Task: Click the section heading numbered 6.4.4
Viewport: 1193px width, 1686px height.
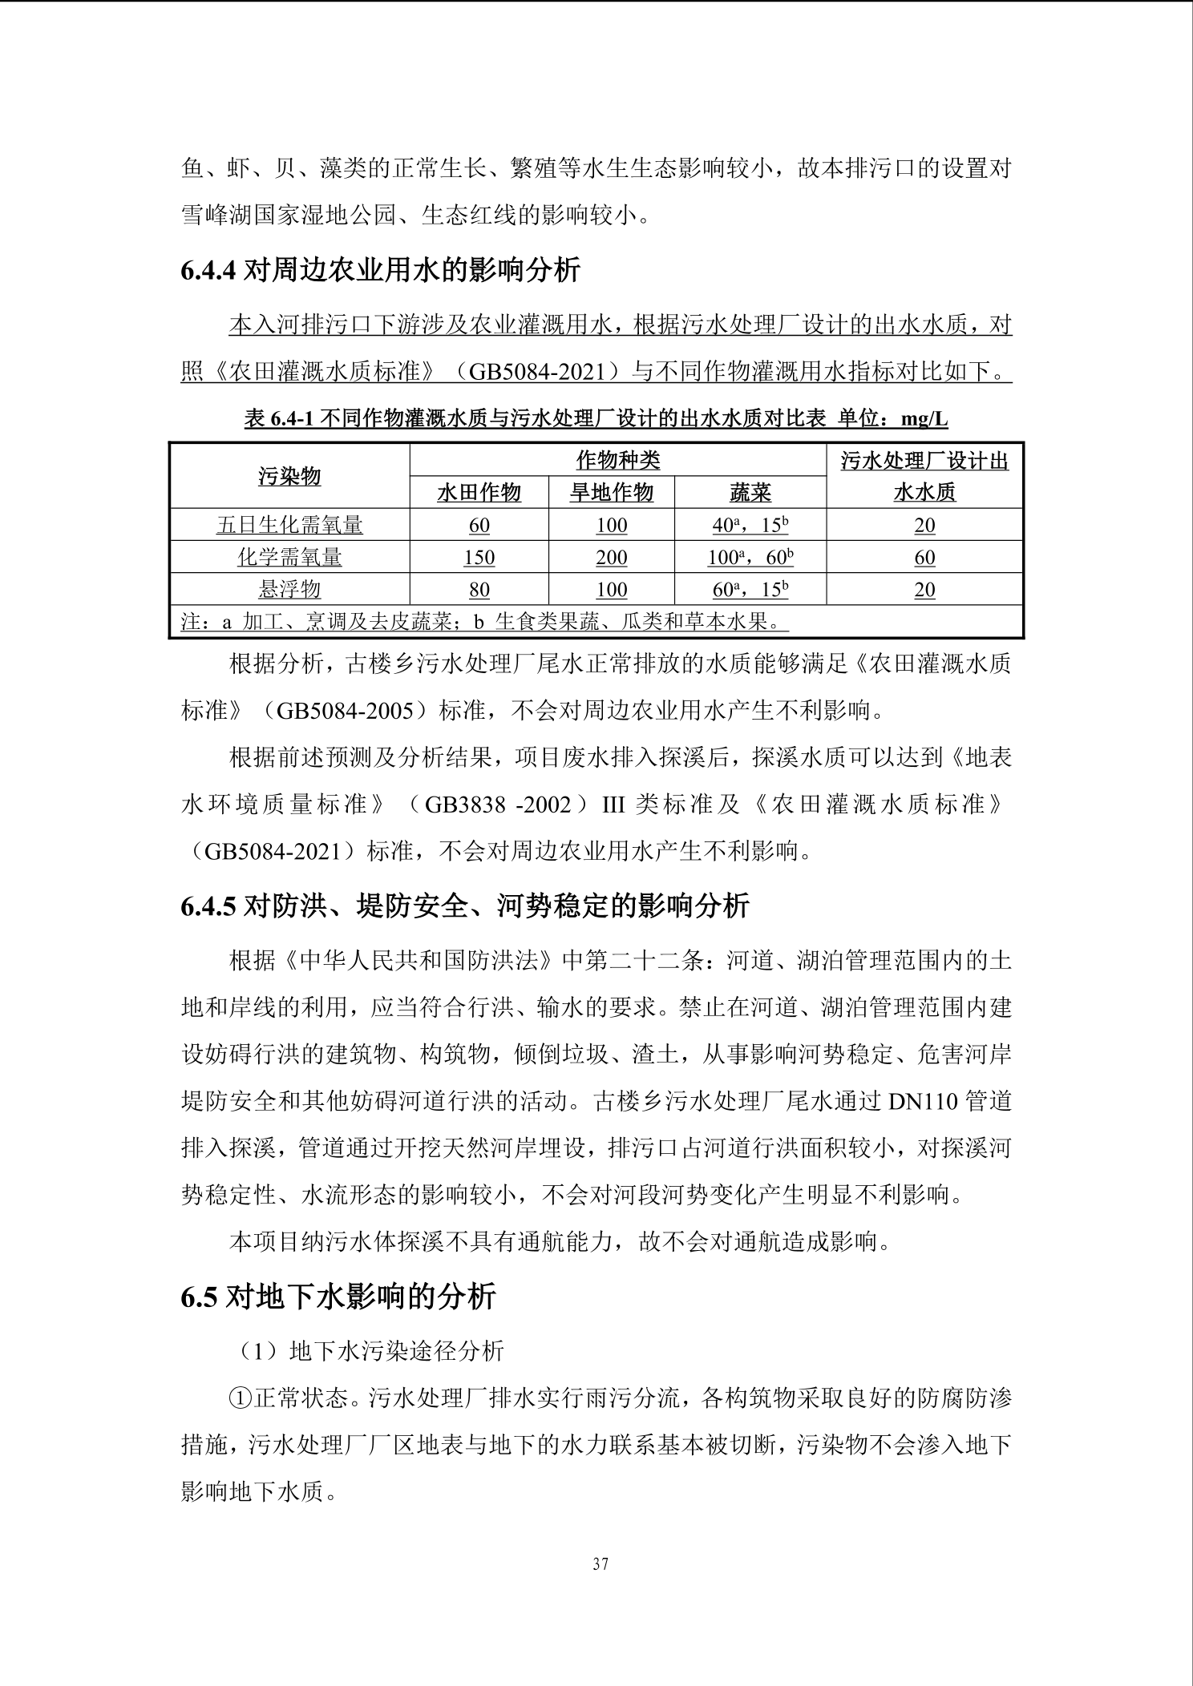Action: (x=380, y=270)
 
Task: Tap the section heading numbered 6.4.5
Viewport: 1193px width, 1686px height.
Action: (x=465, y=906)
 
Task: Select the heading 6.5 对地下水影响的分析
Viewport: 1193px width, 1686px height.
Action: (x=338, y=1297)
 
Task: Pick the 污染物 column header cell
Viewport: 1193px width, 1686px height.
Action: (x=289, y=476)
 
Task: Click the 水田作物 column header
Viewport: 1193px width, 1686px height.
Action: (x=479, y=492)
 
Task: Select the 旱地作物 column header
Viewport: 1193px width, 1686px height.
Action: (x=611, y=492)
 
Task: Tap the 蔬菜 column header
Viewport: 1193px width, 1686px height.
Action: (x=750, y=492)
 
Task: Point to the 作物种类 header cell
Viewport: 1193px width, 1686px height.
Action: (x=617, y=460)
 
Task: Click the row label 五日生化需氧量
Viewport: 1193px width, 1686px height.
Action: (x=289, y=525)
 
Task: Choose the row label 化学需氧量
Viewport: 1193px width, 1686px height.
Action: (x=289, y=557)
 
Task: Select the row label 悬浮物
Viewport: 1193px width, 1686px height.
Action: (x=289, y=589)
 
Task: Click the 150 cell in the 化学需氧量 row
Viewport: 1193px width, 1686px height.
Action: (x=479, y=557)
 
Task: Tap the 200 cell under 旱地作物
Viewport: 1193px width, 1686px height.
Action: (x=611, y=557)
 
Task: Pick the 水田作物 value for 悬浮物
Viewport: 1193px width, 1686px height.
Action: (x=479, y=589)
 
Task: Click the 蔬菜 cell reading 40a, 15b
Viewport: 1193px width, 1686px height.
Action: (x=750, y=525)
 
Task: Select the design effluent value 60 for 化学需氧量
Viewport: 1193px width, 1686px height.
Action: (x=924, y=557)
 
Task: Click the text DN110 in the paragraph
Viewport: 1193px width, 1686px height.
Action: (x=923, y=1102)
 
